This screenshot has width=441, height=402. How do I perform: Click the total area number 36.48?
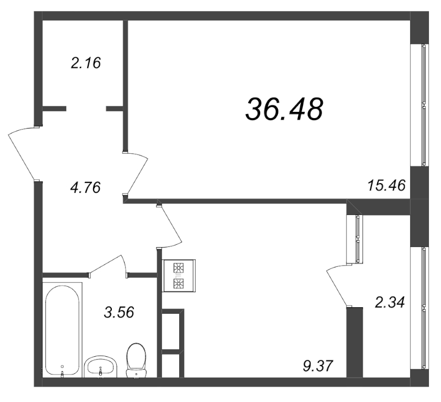coord(284,109)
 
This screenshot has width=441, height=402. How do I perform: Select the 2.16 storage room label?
coord(85,63)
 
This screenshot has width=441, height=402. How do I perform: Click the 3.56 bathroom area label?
coord(119,312)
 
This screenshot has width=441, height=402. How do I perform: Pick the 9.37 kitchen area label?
coord(319,366)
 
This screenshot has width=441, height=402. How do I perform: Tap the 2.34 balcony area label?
coord(390,302)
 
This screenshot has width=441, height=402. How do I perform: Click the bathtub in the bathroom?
coord(62,330)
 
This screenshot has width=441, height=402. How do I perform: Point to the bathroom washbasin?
coord(100,366)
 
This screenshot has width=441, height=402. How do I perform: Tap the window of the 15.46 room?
coord(423,105)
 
